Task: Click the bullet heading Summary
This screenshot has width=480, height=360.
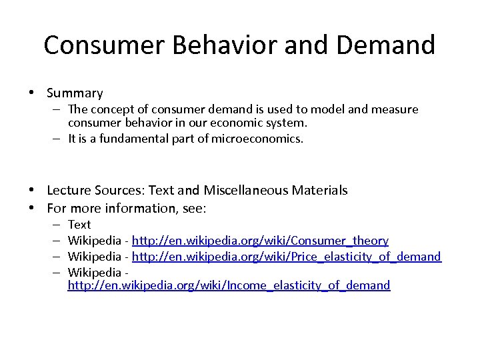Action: (75, 93)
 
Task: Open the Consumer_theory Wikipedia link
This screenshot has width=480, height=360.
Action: (260, 240)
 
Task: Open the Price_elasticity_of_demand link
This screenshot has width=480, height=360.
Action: (286, 256)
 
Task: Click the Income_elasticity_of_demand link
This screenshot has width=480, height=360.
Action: (229, 285)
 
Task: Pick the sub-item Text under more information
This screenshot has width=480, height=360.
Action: (79, 225)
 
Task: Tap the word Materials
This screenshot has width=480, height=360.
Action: (323, 191)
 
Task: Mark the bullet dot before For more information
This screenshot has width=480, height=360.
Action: (32, 207)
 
